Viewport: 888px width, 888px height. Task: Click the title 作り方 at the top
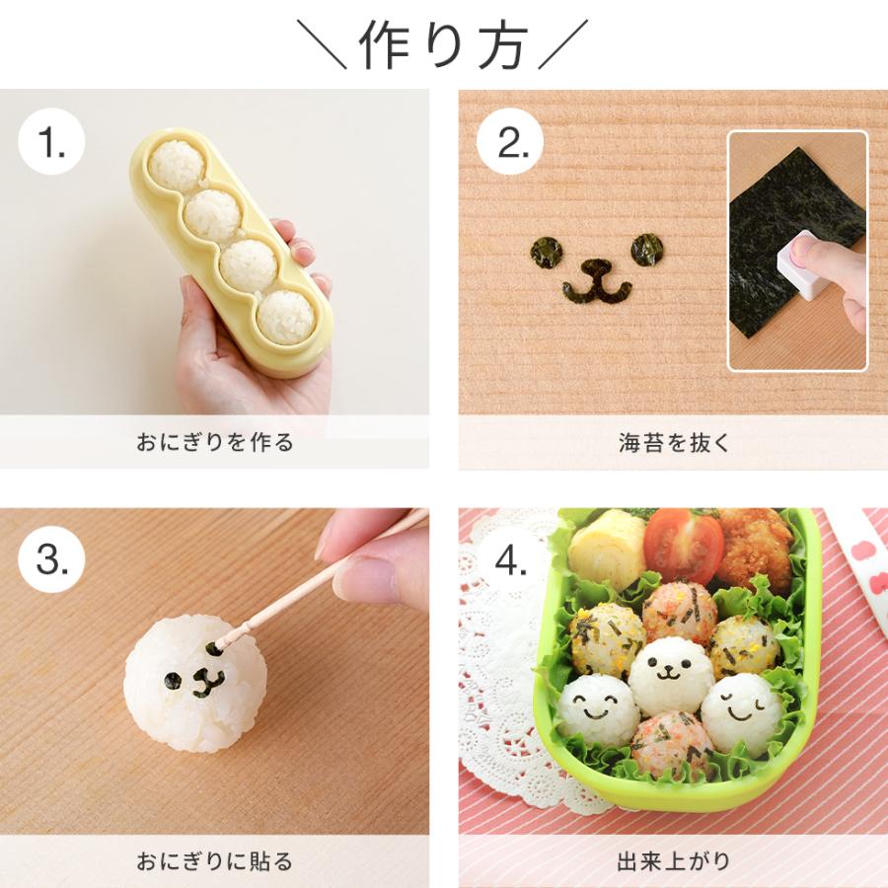point(443,43)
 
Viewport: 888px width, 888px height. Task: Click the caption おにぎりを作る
point(214,442)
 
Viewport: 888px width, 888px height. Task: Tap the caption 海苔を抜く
point(673,442)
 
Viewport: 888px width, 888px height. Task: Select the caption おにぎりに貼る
point(214,860)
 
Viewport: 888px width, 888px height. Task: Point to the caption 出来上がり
point(673,860)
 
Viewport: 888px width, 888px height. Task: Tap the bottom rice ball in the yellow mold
point(287,316)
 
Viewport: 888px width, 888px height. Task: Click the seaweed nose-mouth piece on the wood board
point(597,281)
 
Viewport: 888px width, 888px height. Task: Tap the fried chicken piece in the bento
point(755,548)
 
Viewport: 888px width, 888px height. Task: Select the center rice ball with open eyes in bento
point(671,675)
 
